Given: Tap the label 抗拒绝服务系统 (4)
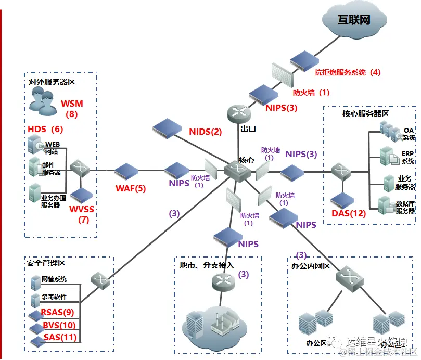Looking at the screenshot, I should pos(348,72).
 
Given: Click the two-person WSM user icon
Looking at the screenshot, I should pos(42,100).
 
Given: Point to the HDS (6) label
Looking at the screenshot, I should pos(45,128).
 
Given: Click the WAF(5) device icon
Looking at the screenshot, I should pos(126,170).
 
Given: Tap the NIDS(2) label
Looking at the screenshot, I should pos(205,132).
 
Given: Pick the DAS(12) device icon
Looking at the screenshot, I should pos(343,200).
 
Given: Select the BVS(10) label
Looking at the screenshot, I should pos(59,325).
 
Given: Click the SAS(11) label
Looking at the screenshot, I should pos(60,337).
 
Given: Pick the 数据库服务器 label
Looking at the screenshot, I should pos(405,207).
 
